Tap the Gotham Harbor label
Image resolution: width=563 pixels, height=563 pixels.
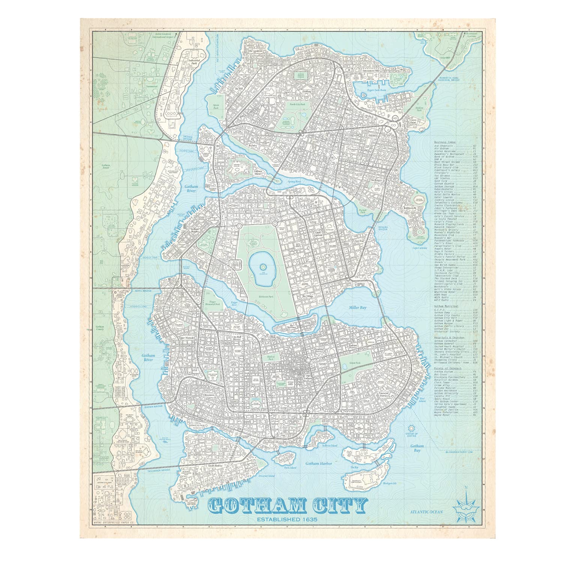(x=319, y=464)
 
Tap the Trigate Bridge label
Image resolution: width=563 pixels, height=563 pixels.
(x=188, y=138)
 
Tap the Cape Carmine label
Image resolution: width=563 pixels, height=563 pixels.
(x=420, y=248)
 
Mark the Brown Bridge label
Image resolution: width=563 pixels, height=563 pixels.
(x=154, y=406)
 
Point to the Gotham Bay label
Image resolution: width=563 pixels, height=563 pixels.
(x=417, y=448)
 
